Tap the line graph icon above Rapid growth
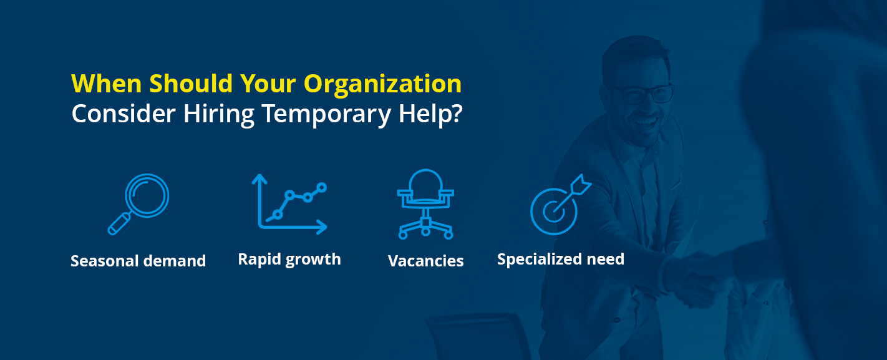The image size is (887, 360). click(289, 205)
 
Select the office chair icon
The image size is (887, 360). click(425, 205)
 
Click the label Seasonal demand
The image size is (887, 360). click(138, 261)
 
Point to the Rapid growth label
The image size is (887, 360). click(289, 260)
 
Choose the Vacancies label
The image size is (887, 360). click(425, 261)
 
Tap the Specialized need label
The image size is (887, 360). click(561, 260)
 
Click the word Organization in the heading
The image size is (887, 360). click(382, 85)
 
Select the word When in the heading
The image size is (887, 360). click(107, 84)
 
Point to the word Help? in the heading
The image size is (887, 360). click(430, 114)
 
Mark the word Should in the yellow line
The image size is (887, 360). click(191, 84)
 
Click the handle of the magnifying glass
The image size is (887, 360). click(119, 224)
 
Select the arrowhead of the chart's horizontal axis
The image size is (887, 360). click(321, 227)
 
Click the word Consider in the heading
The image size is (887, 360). click(123, 114)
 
